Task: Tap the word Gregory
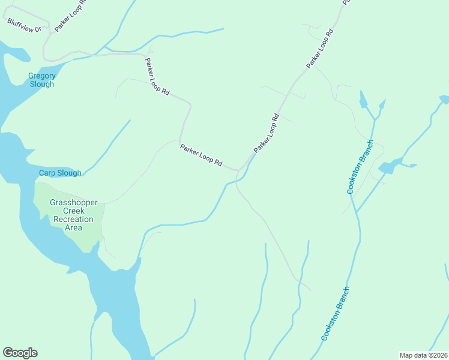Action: click(42, 76)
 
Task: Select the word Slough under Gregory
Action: click(42, 84)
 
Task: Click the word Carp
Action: click(47, 173)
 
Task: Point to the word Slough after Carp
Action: click(69, 173)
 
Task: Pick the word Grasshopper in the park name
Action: click(74, 203)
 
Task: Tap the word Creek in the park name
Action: click(74, 211)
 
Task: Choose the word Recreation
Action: click(74, 220)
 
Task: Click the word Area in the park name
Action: click(74, 228)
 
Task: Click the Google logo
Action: click(20, 353)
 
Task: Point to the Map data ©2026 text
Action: click(423, 355)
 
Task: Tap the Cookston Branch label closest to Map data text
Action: click(335, 313)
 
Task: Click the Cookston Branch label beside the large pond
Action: click(360, 167)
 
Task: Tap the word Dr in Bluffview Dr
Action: click(37, 29)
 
